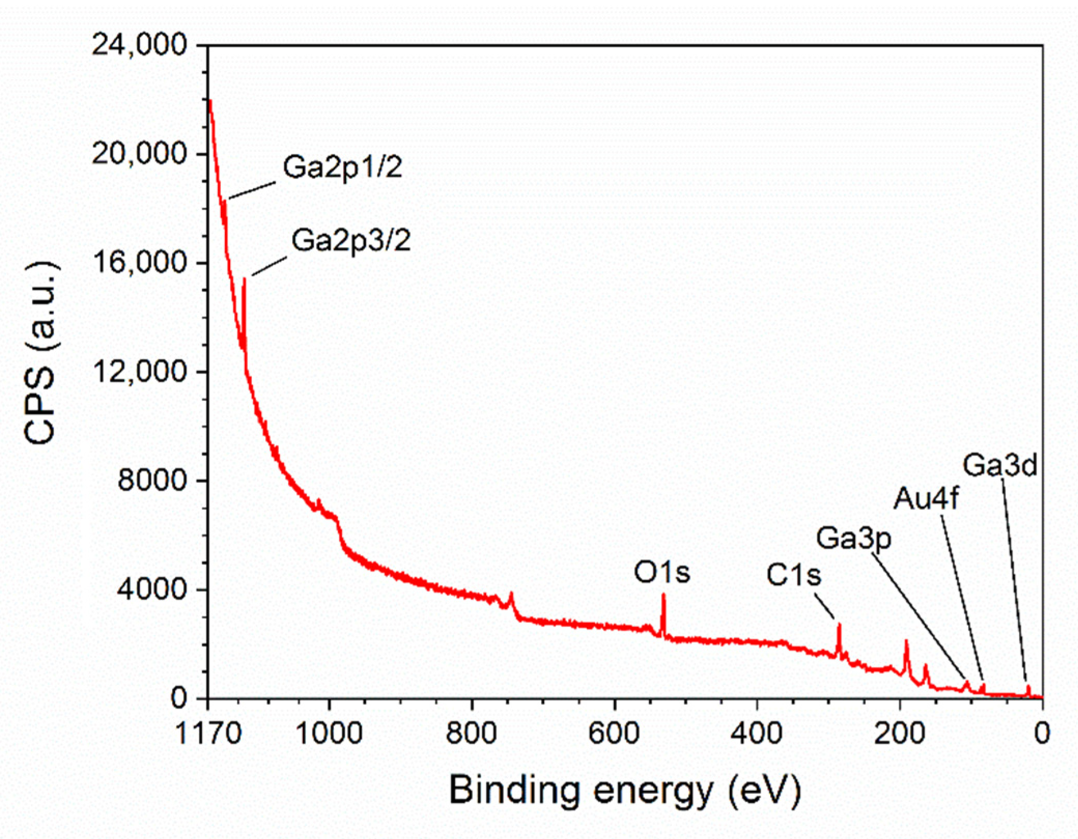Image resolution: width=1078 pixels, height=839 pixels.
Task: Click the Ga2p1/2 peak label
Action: click(343, 167)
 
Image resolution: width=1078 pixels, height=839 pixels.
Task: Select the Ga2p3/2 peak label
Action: click(351, 240)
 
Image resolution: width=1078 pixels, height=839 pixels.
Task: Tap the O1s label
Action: click(662, 573)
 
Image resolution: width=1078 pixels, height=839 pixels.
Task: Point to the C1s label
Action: click(794, 575)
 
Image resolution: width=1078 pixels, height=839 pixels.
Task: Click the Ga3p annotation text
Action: click(854, 538)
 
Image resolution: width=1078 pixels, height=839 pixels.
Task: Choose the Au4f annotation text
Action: click(926, 499)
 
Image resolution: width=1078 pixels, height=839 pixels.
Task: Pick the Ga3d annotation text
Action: click(1000, 465)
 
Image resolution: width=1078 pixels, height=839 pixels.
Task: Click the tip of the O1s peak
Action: click(663, 595)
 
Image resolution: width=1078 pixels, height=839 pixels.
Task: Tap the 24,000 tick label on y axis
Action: click(139, 45)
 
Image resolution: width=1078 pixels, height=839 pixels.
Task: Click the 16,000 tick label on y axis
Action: click(139, 263)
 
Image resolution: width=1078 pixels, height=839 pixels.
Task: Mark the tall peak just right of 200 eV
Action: click(906, 642)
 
